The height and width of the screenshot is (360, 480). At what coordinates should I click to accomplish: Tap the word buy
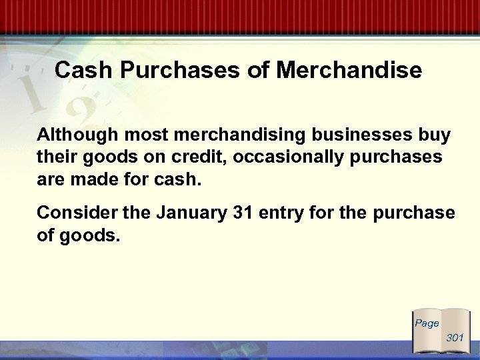click(435, 135)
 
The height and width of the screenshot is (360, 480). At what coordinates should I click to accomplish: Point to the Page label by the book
click(427, 323)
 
